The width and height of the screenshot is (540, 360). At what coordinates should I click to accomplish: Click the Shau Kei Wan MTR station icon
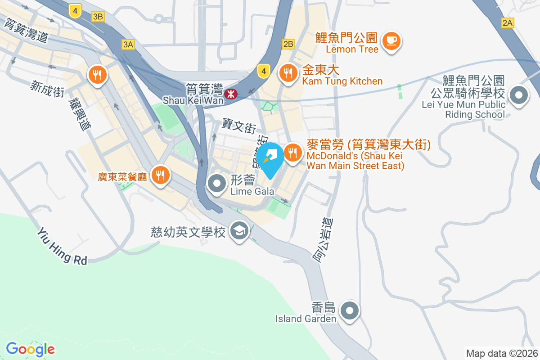[230, 93]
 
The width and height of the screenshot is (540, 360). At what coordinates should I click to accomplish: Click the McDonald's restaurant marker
[293, 153]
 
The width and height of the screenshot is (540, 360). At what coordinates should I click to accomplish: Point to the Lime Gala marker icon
[218, 184]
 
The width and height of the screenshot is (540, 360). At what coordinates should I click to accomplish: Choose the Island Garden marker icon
[350, 310]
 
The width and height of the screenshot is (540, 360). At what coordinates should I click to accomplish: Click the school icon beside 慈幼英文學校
[238, 231]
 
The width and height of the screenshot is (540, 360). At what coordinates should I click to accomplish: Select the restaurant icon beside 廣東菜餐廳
[160, 174]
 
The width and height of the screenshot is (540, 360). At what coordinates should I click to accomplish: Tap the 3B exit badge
[98, 17]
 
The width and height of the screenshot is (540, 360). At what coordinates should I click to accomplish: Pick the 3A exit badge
[128, 44]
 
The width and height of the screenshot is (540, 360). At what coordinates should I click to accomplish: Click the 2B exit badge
[288, 44]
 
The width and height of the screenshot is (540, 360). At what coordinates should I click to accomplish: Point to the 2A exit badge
[508, 23]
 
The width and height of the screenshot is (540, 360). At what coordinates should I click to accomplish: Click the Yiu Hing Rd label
[62, 246]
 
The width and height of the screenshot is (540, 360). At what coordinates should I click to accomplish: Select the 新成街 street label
[47, 89]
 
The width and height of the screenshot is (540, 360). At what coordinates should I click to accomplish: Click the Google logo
[30, 349]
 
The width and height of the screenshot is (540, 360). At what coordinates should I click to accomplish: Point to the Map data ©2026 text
[502, 353]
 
